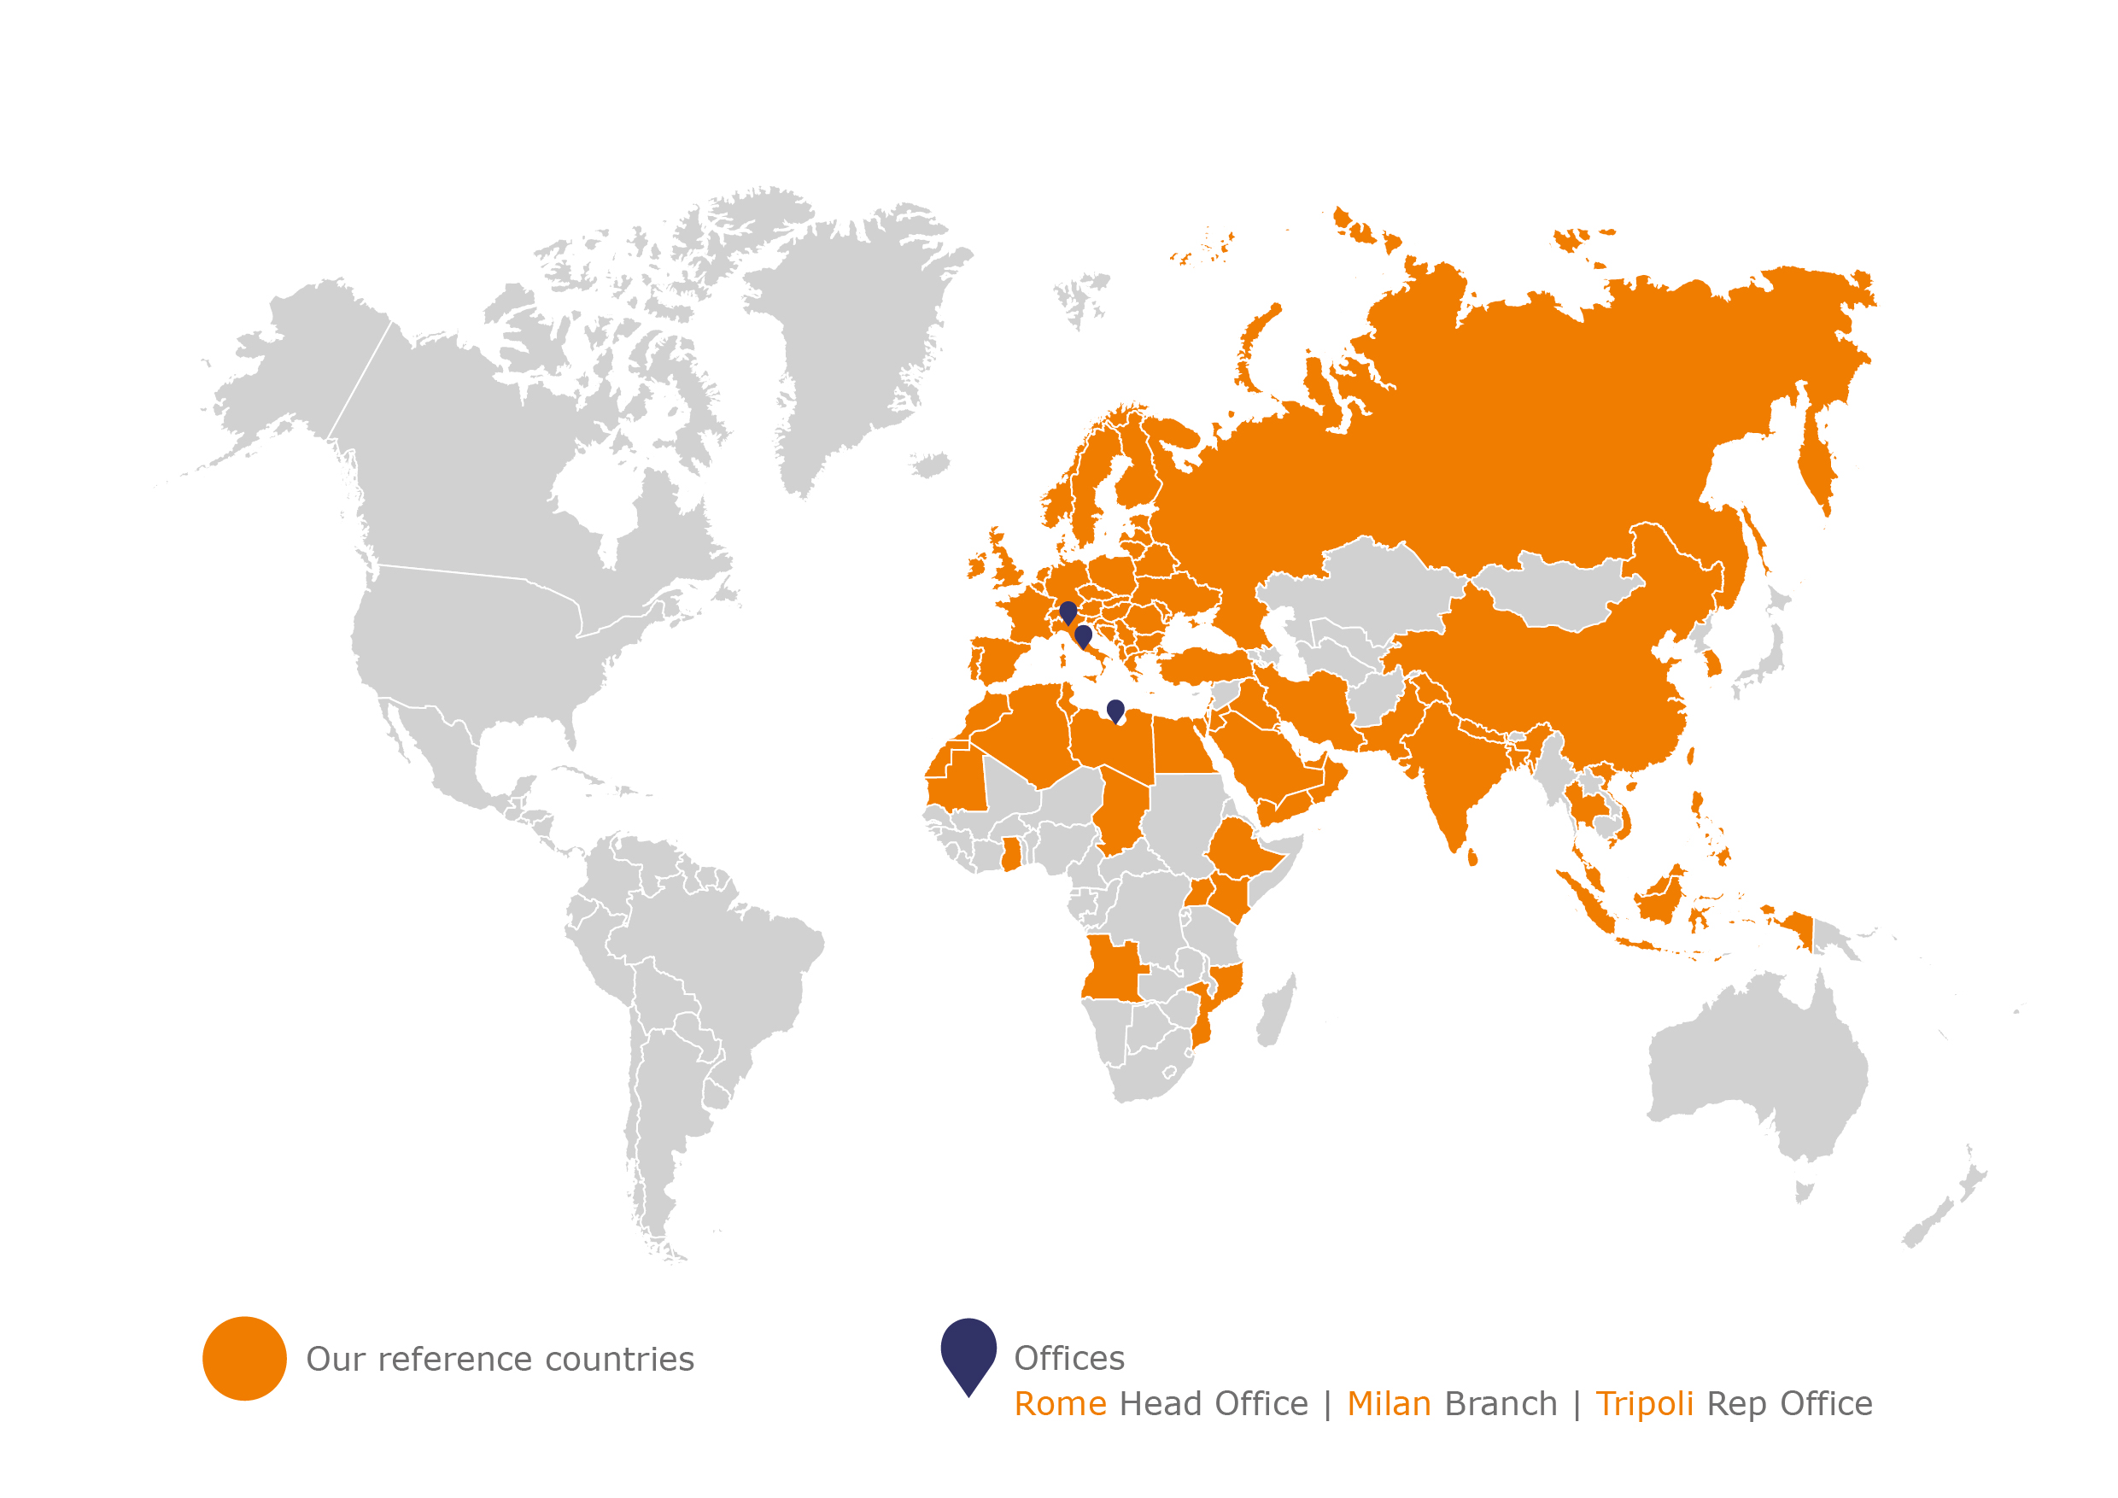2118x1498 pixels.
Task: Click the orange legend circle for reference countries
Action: [244, 1358]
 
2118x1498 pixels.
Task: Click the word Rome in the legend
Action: [1060, 1404]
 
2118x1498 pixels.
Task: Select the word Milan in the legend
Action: [1389, 1404]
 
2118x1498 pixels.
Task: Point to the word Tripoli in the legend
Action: [1644, 1404]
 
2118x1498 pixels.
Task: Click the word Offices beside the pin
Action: [1069, 1359]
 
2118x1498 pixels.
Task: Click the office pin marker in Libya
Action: [1115, 711]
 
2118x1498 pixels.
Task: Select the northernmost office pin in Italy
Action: [1068, 611]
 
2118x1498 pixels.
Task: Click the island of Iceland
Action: [931, 463]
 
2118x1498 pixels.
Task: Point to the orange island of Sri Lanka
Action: [1472, 857]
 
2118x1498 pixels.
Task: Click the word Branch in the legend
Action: [1501, 1404]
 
